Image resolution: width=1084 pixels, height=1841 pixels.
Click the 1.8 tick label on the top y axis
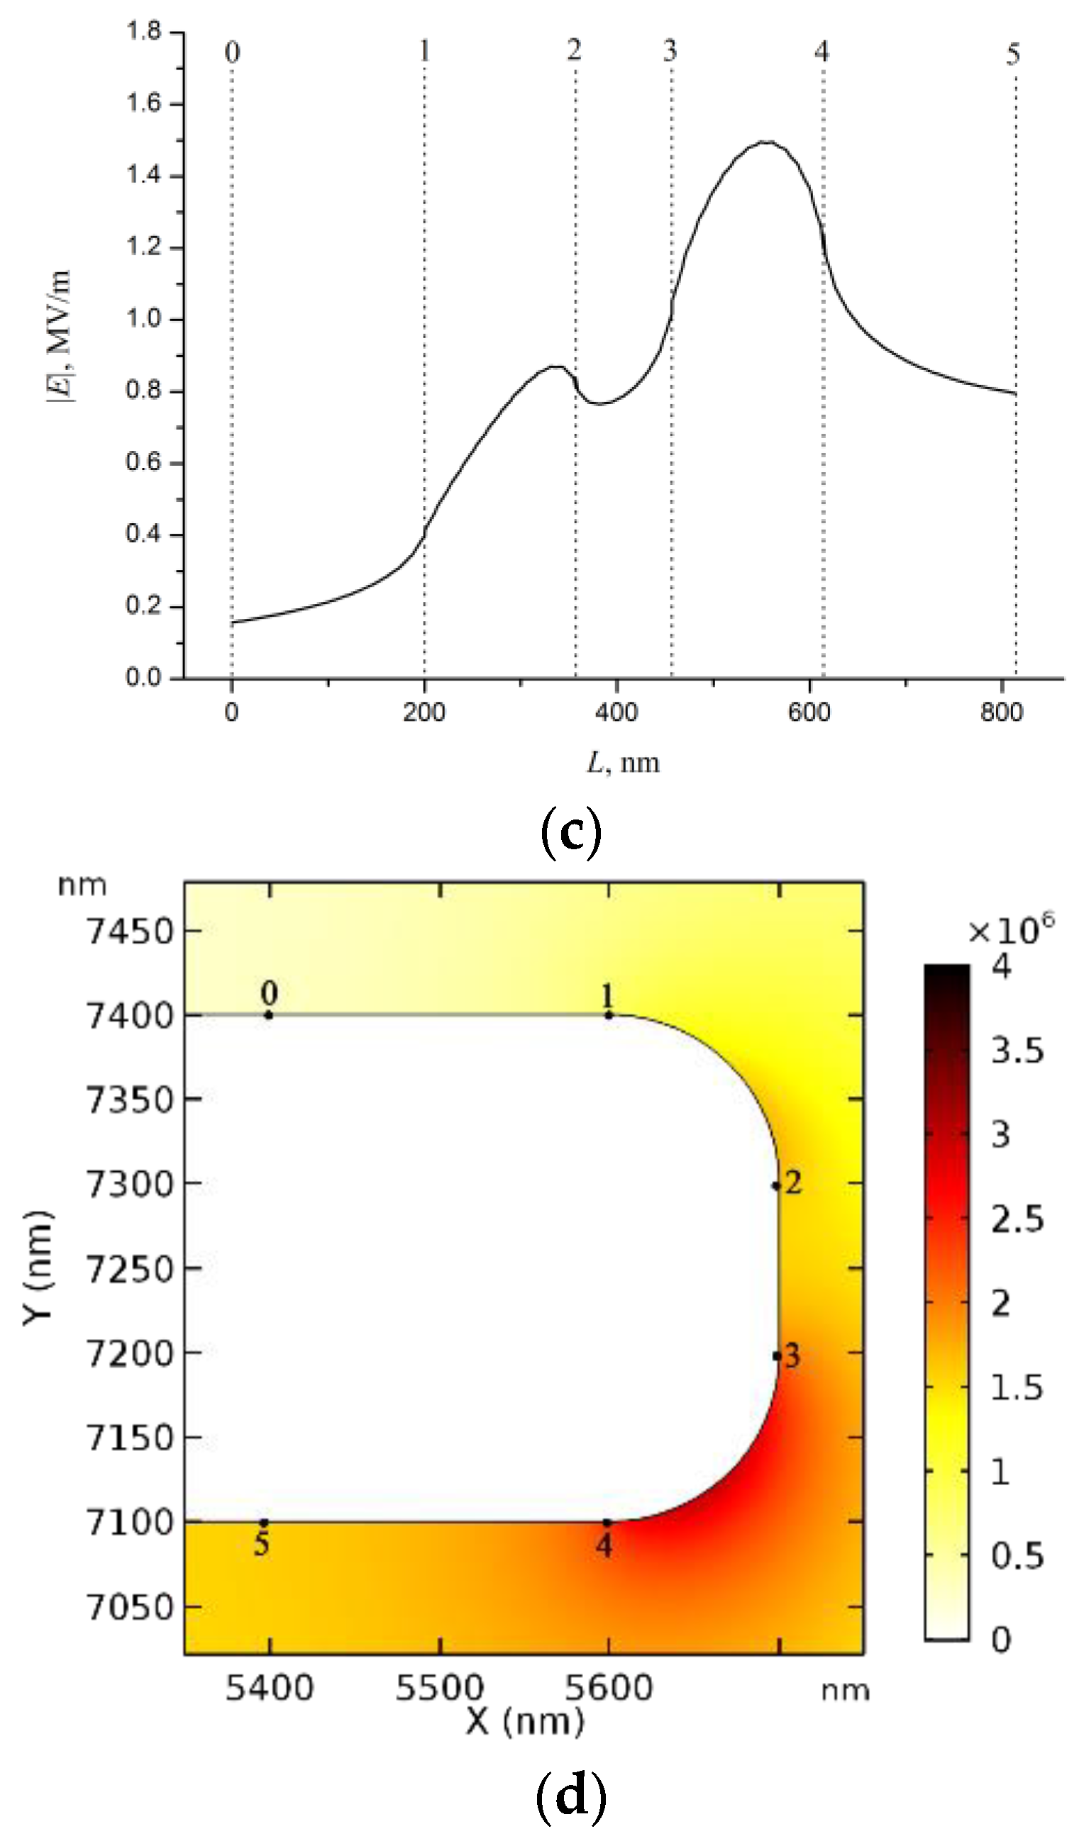click(143, 30)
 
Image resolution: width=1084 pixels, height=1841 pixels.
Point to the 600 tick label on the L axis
click(809, 712)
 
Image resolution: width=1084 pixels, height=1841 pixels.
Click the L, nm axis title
click(624, 763)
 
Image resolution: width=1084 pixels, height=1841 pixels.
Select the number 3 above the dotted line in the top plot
click(670, 50)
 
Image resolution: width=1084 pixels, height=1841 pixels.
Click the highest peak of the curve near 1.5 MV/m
click(765, 142)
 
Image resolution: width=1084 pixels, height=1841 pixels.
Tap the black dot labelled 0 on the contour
click(269, 1014)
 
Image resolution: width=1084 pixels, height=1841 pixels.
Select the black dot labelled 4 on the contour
click(607, 1523)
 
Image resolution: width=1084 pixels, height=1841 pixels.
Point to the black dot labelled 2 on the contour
click(776, 1186)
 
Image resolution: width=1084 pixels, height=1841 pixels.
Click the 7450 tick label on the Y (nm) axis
click(130, 932)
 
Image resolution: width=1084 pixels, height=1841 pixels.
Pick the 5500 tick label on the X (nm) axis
click(439, 1689)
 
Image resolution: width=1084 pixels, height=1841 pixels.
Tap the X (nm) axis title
click(525, 1722)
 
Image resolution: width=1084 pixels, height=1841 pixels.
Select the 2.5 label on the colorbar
click(1017, 1219)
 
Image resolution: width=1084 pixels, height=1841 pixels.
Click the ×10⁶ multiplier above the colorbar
click(1012, 930)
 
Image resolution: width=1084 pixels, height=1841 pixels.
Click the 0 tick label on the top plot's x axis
click(232, 712)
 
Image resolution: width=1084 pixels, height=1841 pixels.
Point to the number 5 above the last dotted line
click(1012, 53)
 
